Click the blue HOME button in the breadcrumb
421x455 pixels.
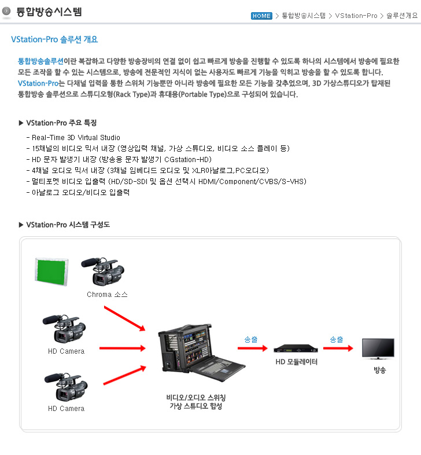(261, 16)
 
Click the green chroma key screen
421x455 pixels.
(51, 271)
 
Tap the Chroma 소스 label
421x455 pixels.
(107, 295)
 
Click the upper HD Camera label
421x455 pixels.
(66, 351)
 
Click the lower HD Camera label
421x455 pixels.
(66, 409)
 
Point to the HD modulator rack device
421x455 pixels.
(296, 348)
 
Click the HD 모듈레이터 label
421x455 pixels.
(296, 362)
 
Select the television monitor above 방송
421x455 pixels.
(378, 348)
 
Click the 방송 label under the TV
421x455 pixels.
(379, 370)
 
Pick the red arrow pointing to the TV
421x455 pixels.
(338, 348)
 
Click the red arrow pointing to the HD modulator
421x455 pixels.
(253, 348)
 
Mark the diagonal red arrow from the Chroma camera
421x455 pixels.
(125, 318)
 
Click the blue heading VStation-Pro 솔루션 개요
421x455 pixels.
(54, 39)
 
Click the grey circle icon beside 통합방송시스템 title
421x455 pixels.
(6, 12)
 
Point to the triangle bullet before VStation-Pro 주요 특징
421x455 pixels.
(21, 123)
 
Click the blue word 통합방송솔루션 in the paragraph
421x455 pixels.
(40, 61)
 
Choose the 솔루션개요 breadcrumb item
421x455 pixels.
(402, 16)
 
